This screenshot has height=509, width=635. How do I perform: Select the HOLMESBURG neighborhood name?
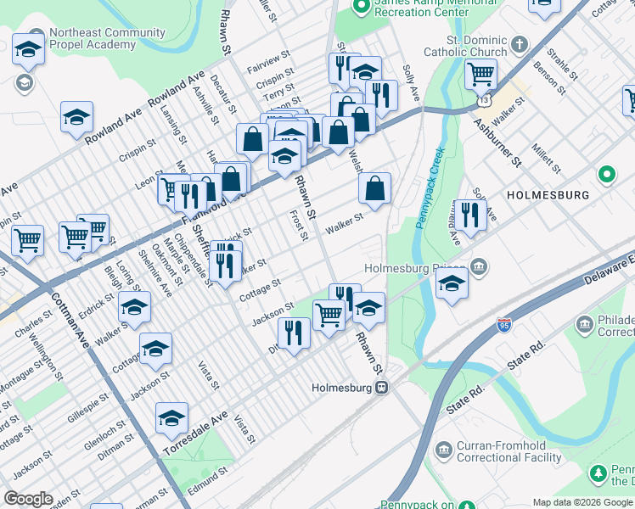548,195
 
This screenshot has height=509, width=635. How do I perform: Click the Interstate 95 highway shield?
504,324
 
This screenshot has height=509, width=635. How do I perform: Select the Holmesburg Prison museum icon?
480,268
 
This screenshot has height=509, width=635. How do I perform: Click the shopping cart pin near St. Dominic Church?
480,75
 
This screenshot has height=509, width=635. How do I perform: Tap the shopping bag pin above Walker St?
374,190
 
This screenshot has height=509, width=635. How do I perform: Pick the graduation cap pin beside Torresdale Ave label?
171,419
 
